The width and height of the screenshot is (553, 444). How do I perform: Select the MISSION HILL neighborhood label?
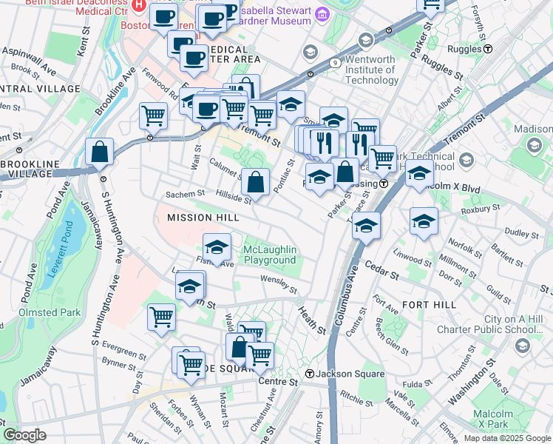tap(203, 218)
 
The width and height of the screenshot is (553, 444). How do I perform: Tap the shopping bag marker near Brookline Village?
tap(99, 153)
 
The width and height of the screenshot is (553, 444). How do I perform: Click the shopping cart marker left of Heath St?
tap(161, 318)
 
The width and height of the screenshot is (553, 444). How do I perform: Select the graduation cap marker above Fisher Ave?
tap(216, 248)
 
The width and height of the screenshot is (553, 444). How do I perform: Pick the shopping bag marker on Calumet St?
tap(255, 182)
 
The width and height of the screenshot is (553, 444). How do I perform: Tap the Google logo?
tap(25, 435)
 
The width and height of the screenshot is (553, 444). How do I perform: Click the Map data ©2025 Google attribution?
tap(506, 438)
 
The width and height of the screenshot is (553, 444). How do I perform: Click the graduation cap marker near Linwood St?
tap(424, 221)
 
